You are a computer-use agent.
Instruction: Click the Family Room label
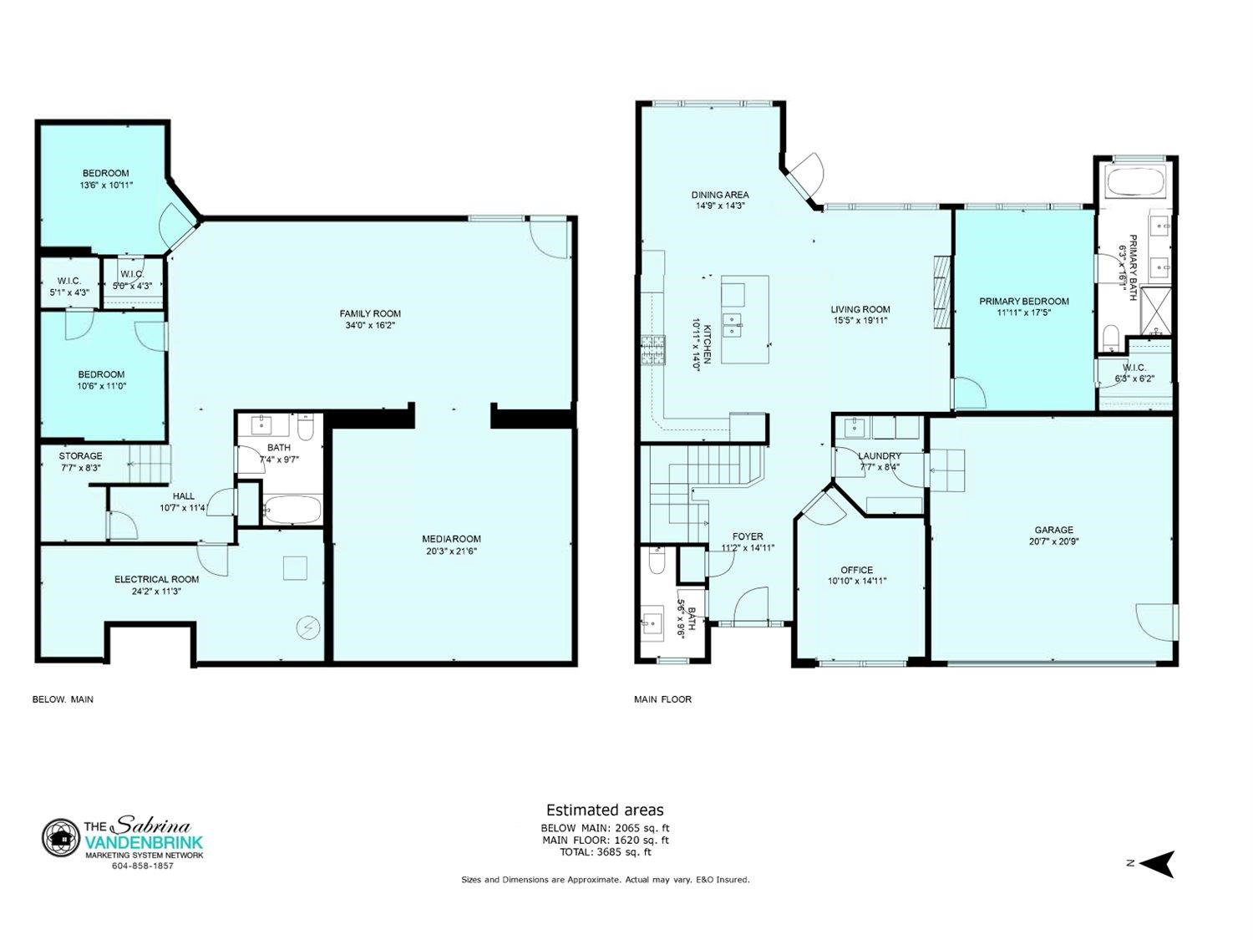370,313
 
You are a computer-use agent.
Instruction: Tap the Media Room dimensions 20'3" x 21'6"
451,551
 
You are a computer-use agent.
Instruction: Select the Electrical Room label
156,579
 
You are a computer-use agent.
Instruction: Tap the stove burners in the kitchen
653,350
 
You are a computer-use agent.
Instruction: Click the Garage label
1054,530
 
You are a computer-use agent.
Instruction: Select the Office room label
856,570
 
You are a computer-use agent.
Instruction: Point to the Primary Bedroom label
1023,301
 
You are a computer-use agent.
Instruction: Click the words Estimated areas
605,810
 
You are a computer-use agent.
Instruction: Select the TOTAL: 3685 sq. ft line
605,852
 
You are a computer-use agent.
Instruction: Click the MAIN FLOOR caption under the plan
662,699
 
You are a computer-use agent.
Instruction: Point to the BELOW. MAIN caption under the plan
63,699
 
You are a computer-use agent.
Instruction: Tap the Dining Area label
720,195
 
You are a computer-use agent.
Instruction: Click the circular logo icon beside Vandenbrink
60,838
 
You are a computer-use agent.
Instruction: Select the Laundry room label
880,455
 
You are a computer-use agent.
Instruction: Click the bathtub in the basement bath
292,509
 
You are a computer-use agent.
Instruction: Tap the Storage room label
80,455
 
